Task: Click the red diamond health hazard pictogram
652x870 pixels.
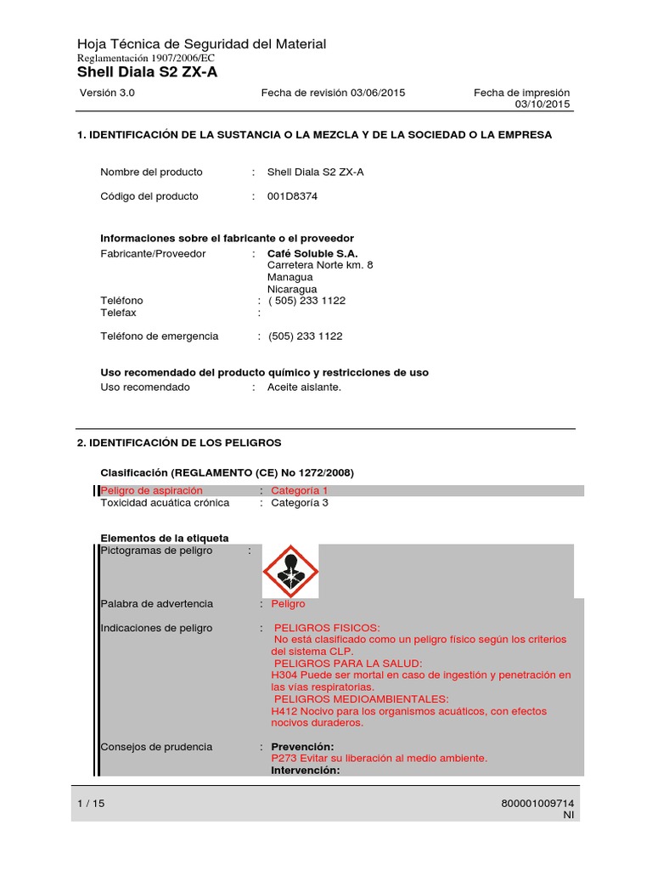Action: tap(290, 571)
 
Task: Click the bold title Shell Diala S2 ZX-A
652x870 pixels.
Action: tap(147, 72)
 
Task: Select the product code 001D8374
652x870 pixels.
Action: tap(293, 196)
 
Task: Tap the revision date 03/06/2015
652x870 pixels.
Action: tap(376, 93)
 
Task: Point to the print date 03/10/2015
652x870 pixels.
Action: tap(542, 105)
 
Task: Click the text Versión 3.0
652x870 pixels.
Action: tap(107, 93)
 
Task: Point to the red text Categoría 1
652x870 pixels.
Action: tap(299, 490)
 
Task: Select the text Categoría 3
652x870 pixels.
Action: tap(299, 502)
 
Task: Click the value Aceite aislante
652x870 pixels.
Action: tap(304, 387)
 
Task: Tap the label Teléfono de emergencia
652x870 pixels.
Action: tap(160, 336)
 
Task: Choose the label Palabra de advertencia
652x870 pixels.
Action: tap(157, 604)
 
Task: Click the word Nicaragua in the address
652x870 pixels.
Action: tap(292, 289)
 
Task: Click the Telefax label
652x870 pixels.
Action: tap(118, 313)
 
